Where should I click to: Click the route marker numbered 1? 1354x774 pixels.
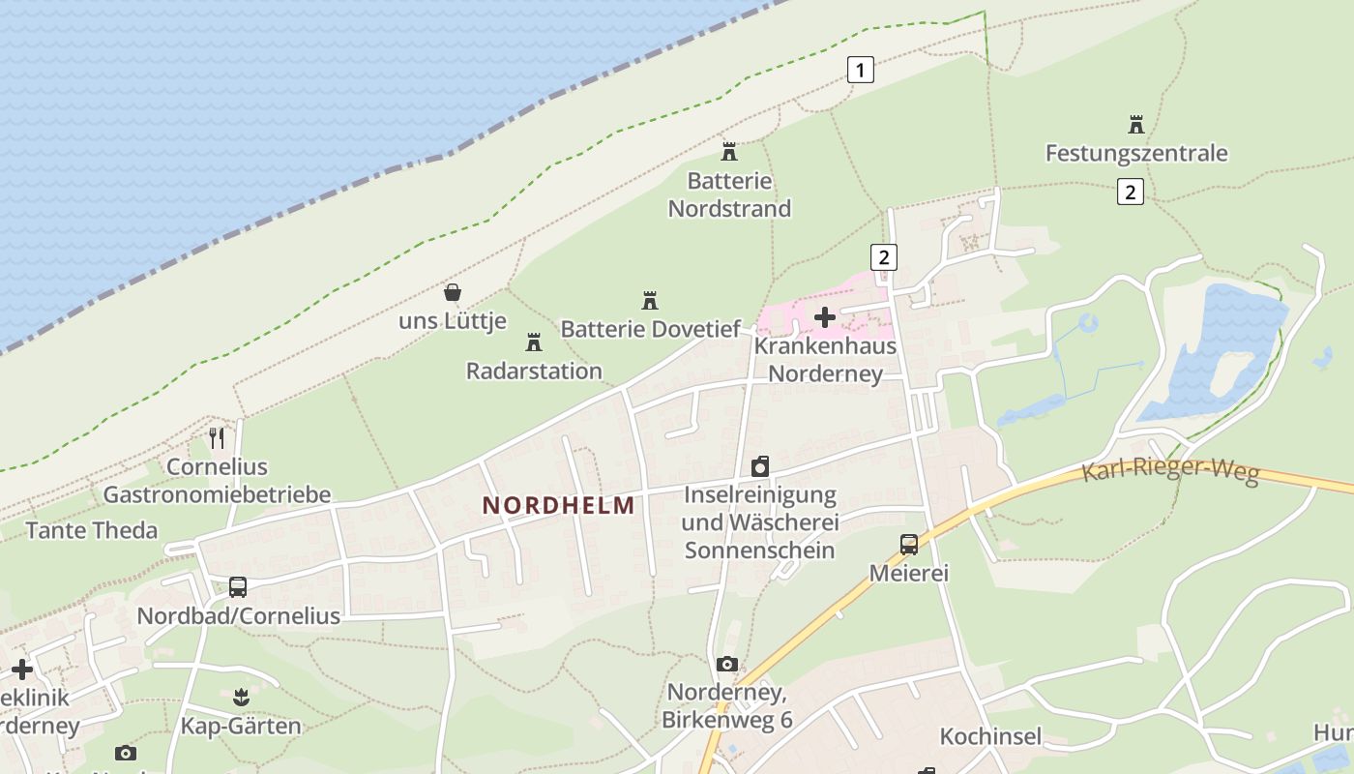click(x=860, y=70)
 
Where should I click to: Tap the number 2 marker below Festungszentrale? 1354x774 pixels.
click(x=1130, y=192)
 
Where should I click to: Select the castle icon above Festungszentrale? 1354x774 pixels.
click(x=1136, y=125)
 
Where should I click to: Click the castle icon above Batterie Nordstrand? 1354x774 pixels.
click(x=729, y=152)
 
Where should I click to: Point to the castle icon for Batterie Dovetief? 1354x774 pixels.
click(x=650, y=300)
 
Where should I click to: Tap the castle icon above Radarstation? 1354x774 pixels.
click(x=533, y=342)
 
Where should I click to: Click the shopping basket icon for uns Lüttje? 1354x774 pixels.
click(x=452, y=291)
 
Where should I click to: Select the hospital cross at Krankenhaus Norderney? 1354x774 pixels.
click(x=825, y=317)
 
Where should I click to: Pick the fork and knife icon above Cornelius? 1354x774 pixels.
click(x=217, y=438)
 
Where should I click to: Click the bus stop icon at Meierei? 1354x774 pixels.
click(x=909, y=544)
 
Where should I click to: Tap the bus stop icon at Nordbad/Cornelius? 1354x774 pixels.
click(x=238, y=586)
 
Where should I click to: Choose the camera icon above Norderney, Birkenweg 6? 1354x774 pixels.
click(x=727, y=664)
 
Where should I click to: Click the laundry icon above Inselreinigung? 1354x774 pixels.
click(x=760, y=466)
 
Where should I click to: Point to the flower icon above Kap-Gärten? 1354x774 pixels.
click(x=241, y=696)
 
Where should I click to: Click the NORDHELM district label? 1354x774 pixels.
click(x=559, y=505)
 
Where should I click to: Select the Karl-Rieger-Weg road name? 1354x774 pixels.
click(x=1170, y=471)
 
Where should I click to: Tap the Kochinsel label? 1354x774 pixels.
click(x=991, y=736)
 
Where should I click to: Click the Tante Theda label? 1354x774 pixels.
click(x=92, y=530)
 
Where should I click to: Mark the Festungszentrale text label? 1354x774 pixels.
click(x=1136, y=153)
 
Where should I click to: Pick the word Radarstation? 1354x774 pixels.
click(x=534, y=371)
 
